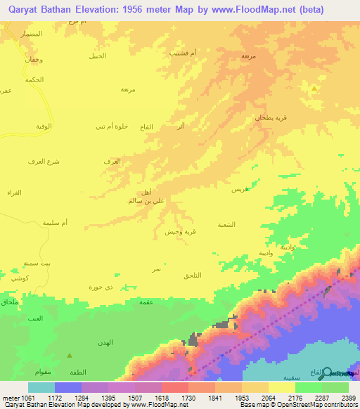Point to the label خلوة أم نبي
pyautogui.click(x=111, y=126)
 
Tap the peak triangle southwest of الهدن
pyautogui.click(x=69, y=356)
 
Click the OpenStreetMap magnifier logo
pyautogui.click(x=326, y=372)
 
